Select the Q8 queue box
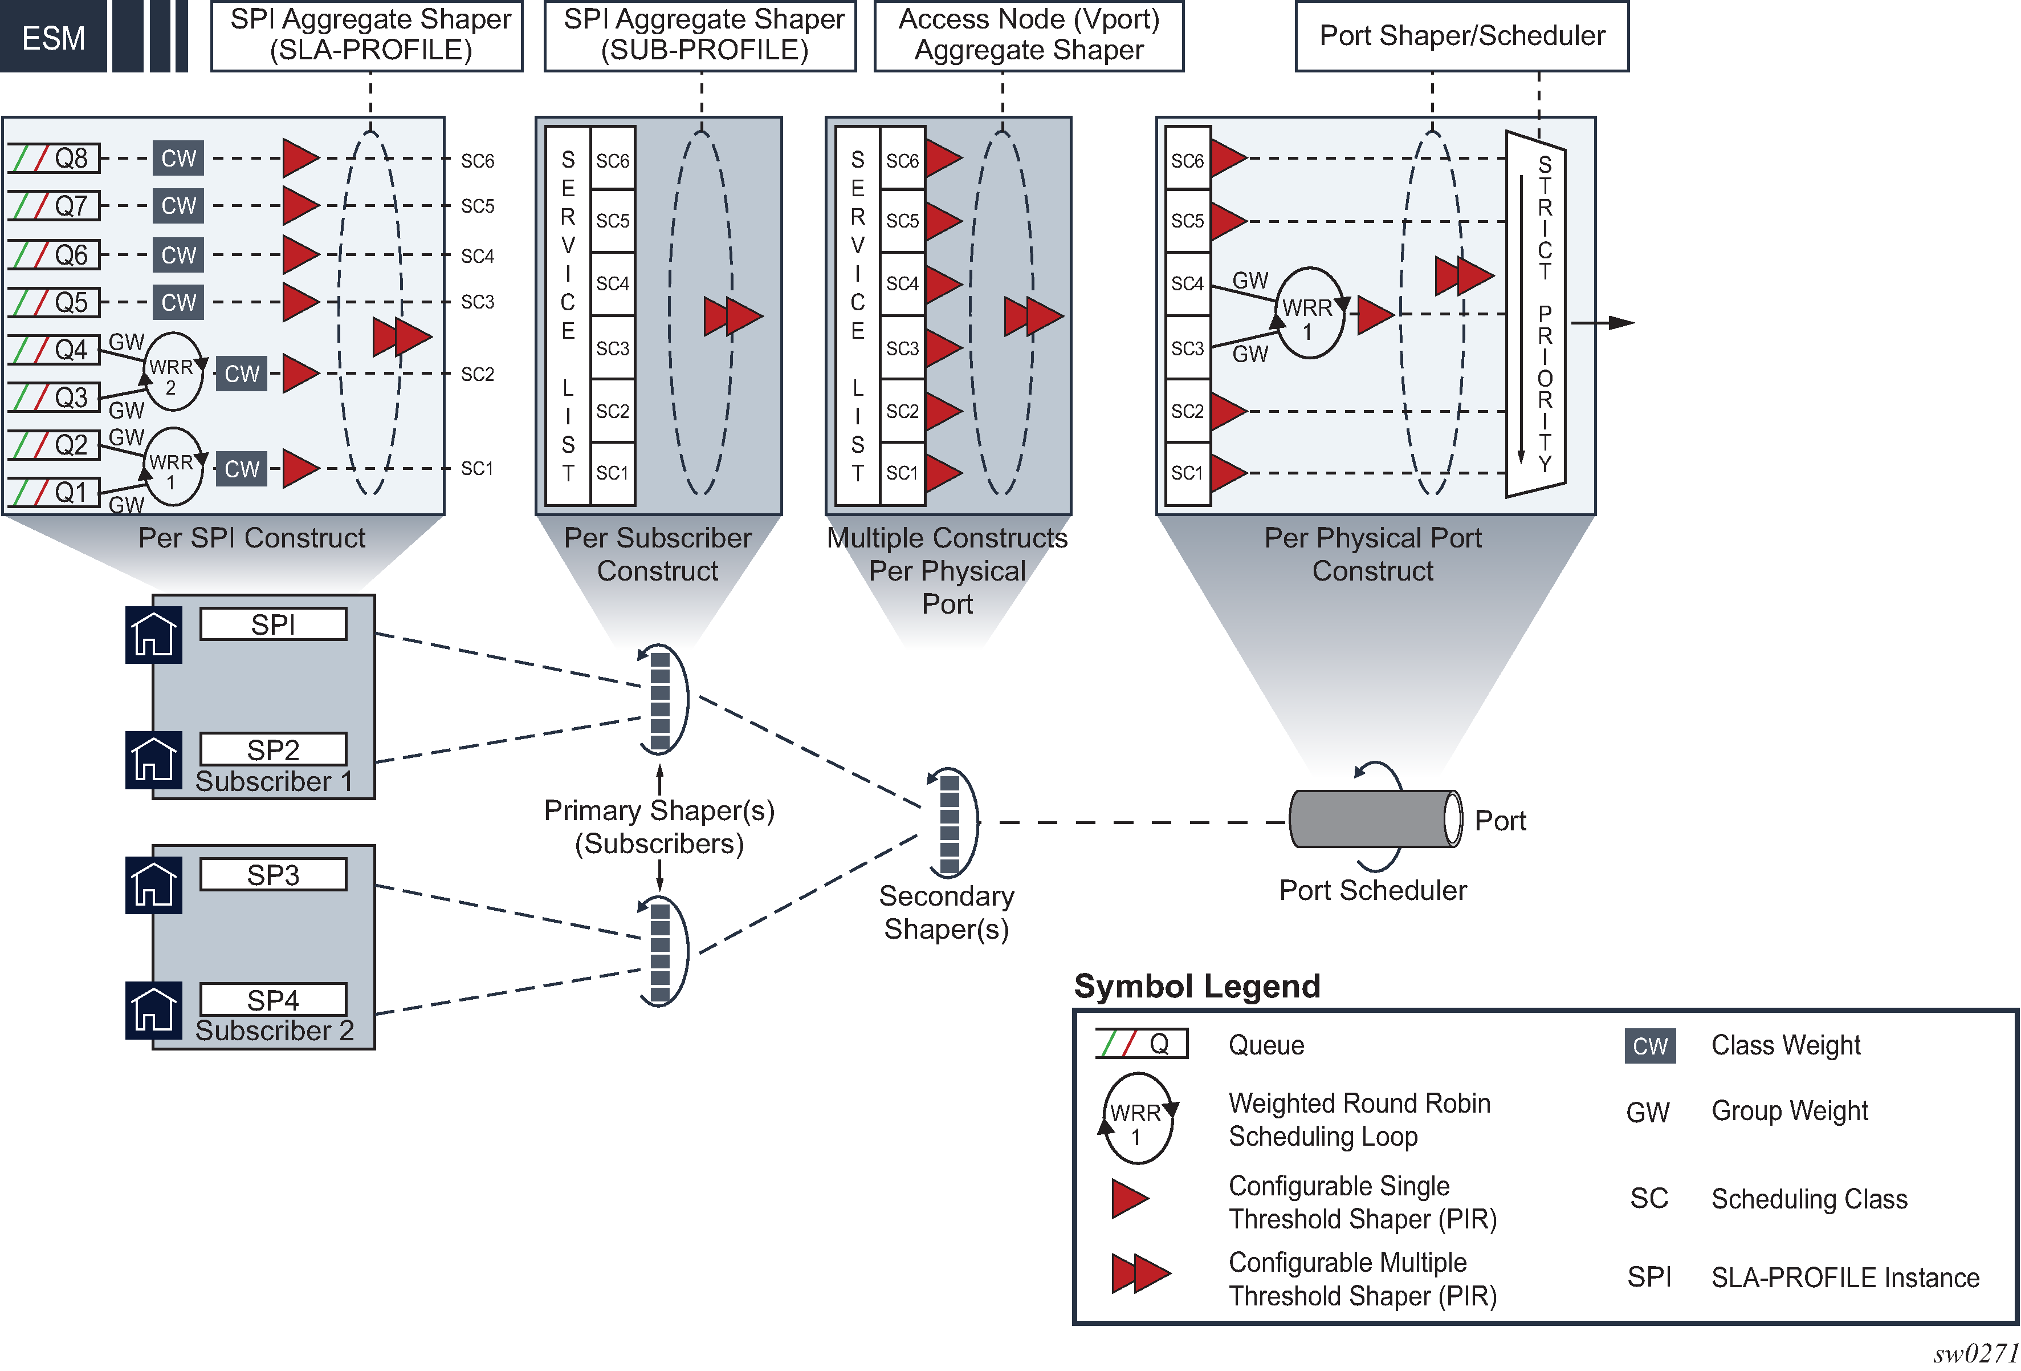55,159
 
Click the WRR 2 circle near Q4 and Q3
172,372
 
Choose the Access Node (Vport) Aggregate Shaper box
1028,36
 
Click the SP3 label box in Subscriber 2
273,874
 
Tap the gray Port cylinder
1372,818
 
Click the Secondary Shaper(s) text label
946,912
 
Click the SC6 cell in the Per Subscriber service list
612,160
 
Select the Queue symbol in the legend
1142,1043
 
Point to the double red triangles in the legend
1140,1273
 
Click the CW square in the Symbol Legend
1649,1045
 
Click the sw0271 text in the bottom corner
1975,1353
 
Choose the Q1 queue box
55,492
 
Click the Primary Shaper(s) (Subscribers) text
659,826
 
